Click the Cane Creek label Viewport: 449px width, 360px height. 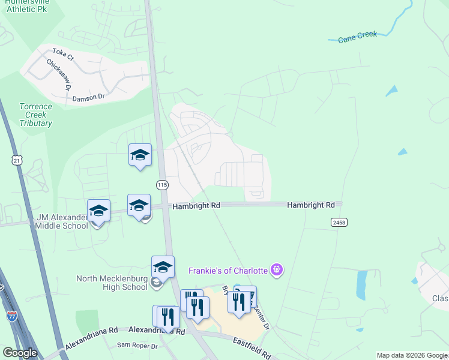358,37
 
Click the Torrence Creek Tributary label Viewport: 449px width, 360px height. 35,115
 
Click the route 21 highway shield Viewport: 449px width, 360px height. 16,160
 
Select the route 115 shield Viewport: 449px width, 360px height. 162,185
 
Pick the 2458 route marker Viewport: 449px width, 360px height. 339,222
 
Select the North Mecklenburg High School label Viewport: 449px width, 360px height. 112,283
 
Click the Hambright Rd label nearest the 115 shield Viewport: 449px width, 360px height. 196,206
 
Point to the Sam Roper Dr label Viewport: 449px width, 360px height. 137,346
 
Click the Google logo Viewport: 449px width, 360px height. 20,352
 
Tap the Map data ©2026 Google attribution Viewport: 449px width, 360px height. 411,355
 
